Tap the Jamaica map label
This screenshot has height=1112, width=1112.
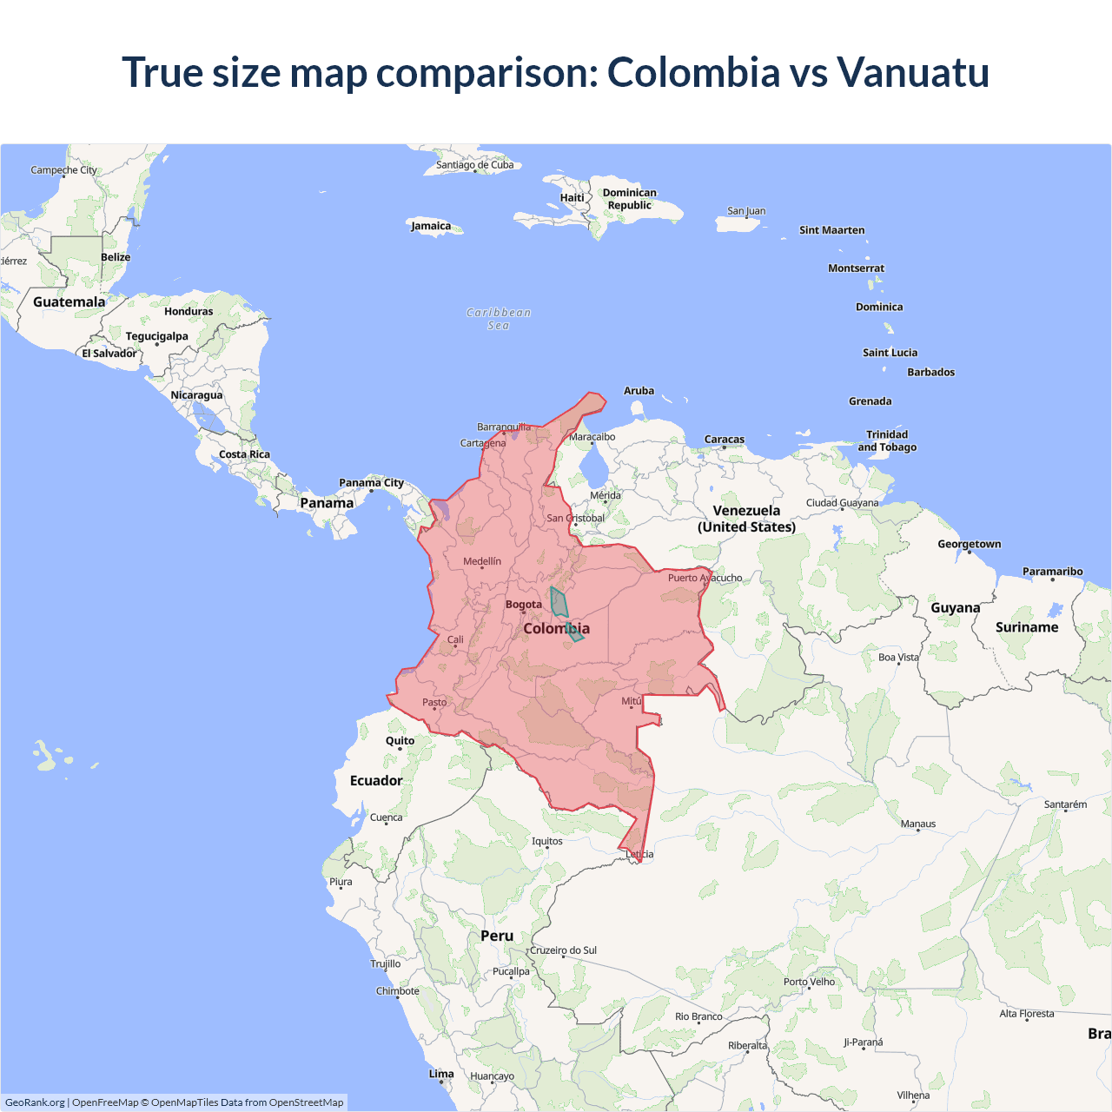pos(431,226)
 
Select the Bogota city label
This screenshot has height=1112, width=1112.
pos(523,605)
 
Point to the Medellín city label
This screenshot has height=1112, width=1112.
pos(482,561)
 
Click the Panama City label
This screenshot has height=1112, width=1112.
pos(371,483)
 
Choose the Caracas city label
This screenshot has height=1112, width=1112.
pos(725,440)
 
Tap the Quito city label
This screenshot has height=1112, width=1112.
pos(400,741)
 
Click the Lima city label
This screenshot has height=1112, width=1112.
pos(441,1074)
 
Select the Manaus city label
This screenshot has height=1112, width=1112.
pos(918,824)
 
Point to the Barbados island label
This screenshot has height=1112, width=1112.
pos(930,372)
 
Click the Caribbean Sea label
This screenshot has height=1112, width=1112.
pos(499,319)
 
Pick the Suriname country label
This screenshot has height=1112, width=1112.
pos(1027,627)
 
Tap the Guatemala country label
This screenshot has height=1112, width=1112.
pos(69,302)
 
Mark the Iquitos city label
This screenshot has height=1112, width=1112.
pos(547,841)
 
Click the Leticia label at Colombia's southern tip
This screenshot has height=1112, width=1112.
pos(640,854)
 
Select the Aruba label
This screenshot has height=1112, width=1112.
pos(639,391)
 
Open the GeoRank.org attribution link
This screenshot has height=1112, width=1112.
pos(35,1102)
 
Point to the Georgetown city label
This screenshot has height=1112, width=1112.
pos(969,544)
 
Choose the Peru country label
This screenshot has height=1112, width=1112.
pos(497,936)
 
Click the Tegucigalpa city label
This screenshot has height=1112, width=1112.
pos(156,336)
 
